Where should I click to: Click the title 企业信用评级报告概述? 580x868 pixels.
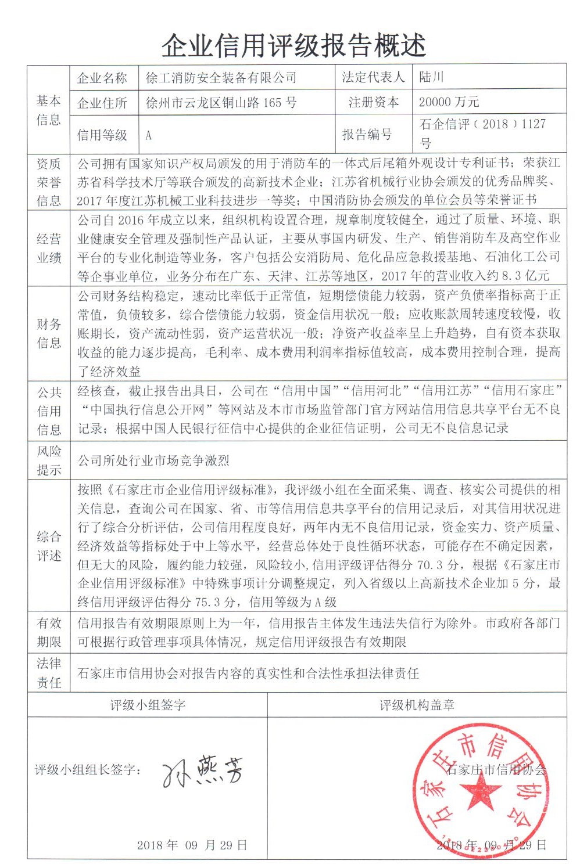(x=293, y=45)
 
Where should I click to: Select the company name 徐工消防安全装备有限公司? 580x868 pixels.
(x=221, y=77)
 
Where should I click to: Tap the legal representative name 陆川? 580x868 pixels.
(x=432, y=77)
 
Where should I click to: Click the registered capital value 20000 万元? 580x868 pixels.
(x=449, y=102)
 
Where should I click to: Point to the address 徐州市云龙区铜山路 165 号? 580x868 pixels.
(x=221, y=103)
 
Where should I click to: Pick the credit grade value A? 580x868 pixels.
(x=148, y=135)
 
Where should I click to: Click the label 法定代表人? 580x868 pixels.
(x=373, y=77)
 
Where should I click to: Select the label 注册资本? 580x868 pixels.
(x=373, y=103)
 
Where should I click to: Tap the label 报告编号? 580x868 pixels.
(x=367, y=135)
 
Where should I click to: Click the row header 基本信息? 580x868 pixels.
(x=48, y=110)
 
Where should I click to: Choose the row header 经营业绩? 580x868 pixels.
(x=48, y=248)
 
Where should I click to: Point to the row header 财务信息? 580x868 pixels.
(x=48, y=333)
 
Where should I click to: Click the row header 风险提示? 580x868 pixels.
(x=48, y=460)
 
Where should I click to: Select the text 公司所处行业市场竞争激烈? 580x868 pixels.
(x=153, y=461)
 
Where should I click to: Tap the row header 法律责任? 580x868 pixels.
(x=48, y=673)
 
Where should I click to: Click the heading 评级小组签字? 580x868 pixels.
(x=148, y=705)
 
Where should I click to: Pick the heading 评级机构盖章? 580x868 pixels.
(x=417, y=705)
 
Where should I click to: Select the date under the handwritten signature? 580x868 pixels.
(x=192, y=845)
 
